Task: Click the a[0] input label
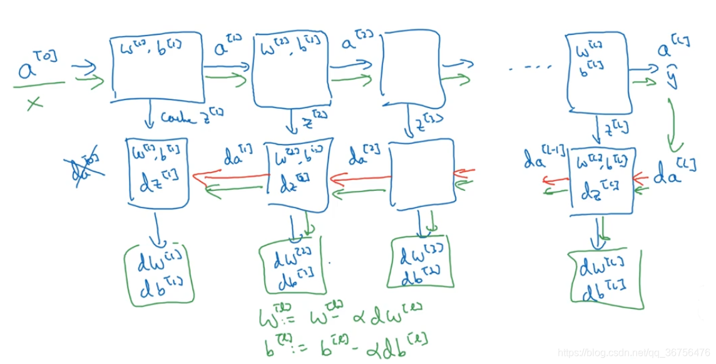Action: coord(37,66)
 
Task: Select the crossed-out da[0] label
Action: coord(83,166)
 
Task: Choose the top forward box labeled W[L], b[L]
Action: coord(595,71)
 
